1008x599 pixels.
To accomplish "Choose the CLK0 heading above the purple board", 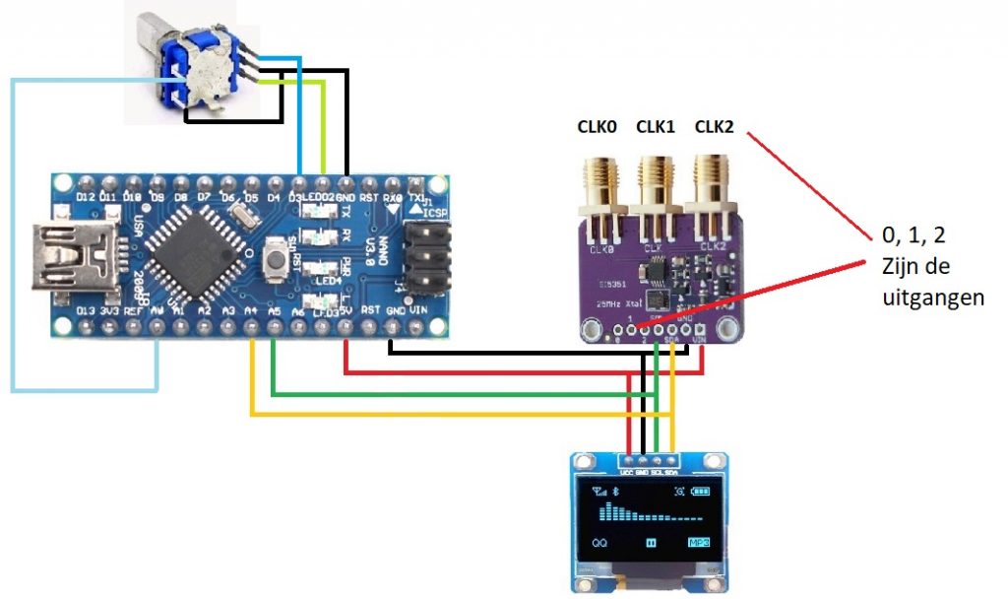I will [x=597, y=126].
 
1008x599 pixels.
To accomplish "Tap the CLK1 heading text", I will [x=656, y=126].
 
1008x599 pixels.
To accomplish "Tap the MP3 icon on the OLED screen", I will [x=699, y=543].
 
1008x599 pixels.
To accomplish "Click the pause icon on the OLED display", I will [x=651, y=543].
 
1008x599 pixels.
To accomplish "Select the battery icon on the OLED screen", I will [x=700, y=492].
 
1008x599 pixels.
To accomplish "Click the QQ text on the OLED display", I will [x=599, y=543].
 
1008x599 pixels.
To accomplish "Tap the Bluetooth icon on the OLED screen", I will [x=615, y=492].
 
